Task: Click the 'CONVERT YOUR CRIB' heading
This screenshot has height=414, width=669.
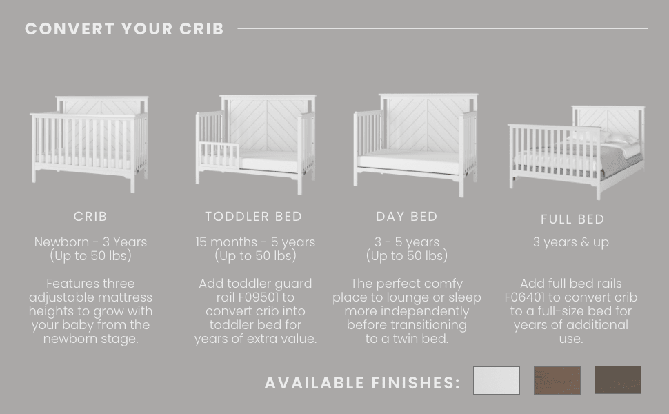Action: click(124, 29)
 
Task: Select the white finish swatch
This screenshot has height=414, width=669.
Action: click(496, 380)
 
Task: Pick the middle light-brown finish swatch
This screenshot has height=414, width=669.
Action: click(557, 380)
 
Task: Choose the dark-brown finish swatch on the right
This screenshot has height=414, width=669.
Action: click(617, 380)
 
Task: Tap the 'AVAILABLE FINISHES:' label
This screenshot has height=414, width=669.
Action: click(362, 383)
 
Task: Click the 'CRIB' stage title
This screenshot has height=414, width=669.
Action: click(90, 217)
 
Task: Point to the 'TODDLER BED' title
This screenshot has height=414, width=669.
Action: click(254, 217)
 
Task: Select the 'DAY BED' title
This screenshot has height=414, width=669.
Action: click(406, 217)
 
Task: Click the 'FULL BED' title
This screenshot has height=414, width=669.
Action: click(572, 219)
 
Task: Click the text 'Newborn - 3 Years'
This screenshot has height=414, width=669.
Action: click(90, 242)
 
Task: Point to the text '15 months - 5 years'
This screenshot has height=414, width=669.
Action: click(254, 242)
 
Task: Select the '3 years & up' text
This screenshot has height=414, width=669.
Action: click(570, 242)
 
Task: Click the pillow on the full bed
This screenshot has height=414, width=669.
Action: click(617, 140)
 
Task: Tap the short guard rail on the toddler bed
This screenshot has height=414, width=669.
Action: click(219, 155)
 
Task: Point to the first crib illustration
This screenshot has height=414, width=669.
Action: click(90, 141)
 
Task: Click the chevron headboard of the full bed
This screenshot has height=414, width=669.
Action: click(606, 121)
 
